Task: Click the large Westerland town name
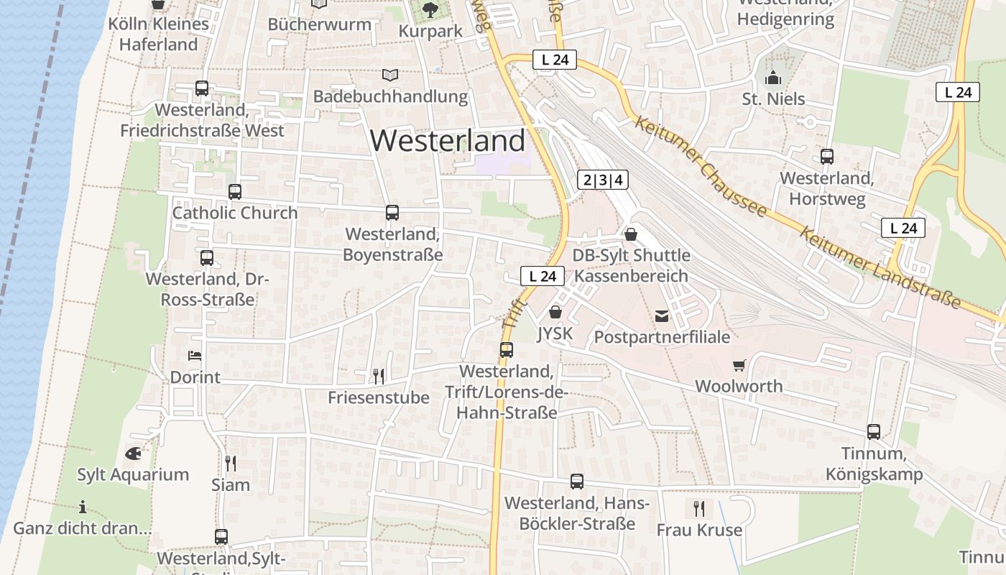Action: [448, 141]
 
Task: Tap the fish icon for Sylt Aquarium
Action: [133, 454]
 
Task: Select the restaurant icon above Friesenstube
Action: [379, 376]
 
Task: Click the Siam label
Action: [231, 485]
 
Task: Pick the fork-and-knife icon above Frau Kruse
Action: [699, 509]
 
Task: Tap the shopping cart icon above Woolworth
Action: [739, 365]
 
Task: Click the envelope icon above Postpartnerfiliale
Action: [662, 316]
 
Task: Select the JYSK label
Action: [555, 334]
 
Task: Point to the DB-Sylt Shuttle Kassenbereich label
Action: [631, 266]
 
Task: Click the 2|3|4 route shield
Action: [602, 180]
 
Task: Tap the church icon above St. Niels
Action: [773, 78]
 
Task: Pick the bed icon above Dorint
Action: [195, 355]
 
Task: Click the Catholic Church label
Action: [235, 213]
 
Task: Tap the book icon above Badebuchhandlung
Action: [390, 75]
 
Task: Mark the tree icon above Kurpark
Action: [430, 10]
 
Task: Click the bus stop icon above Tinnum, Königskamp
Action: [874, 432]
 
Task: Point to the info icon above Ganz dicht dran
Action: [83, 507]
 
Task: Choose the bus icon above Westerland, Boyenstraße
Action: [392, 213]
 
